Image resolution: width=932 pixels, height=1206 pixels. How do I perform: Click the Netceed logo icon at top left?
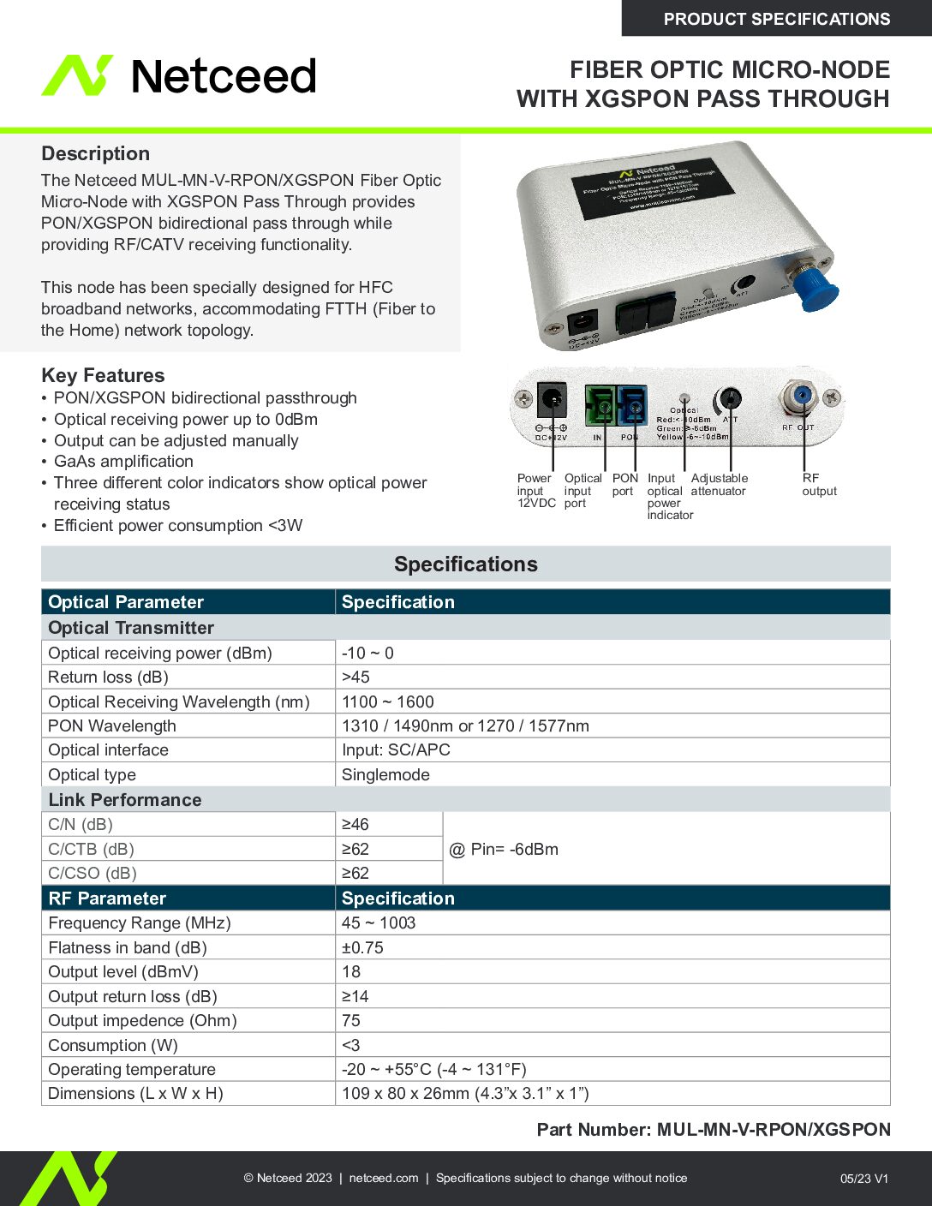pos(77,75)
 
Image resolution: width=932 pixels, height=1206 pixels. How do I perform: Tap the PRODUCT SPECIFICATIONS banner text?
pos(776,19)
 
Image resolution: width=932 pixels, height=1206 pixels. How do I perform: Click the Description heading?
pos(95,153)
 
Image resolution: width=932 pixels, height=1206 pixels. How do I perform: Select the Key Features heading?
pos(103,375)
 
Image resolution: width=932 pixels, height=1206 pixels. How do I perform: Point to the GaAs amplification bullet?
pos(123,462)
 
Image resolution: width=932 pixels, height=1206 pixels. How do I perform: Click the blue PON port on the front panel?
pos(631,405)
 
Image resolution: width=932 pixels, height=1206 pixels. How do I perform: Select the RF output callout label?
pos(819,485)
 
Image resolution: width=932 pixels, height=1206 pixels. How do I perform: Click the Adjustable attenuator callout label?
pos(719,485)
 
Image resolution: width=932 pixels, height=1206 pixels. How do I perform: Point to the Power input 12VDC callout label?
pos(536,491)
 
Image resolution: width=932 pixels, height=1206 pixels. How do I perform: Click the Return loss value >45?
pos(355,677)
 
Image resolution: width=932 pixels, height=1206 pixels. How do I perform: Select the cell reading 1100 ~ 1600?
pos(387,702)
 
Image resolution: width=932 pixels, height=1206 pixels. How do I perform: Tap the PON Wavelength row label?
pos(112,725)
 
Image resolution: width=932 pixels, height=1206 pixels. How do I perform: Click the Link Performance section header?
pos(125,800)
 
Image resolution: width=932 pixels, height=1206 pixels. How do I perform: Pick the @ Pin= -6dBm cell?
pos(504,849)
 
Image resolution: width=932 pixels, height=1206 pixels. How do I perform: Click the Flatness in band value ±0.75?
pos(362,947)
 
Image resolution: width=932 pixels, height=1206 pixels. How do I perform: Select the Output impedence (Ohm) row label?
pos(142,1020)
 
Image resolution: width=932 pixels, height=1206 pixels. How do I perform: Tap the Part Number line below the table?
pos(713,1130)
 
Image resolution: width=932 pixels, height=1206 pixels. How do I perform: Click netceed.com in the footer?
pos(384,1178)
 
